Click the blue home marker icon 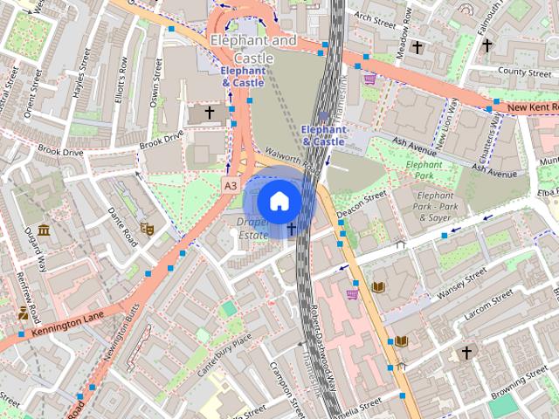279,201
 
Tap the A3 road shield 230,186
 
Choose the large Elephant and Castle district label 253,49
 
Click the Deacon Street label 362,202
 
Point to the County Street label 525,72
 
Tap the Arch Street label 375,17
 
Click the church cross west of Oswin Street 209,113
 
